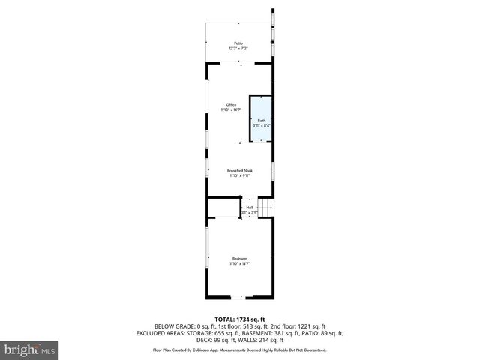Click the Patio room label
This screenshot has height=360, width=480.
238,43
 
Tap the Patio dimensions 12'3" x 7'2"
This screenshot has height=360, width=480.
238,49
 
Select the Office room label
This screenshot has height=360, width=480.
232,104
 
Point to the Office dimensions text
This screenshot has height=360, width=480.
231,109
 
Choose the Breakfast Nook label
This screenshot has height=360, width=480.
240,170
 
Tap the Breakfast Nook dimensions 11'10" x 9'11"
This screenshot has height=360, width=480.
240,175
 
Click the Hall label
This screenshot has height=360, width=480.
250,208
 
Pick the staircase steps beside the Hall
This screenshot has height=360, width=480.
264,208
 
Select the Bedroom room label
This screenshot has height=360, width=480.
239,259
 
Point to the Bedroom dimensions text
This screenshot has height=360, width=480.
239,264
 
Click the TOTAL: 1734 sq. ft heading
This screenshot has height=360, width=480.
240,319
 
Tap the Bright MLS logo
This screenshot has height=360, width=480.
30,349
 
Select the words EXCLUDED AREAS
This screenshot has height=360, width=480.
161,332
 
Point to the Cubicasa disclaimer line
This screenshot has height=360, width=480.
240,349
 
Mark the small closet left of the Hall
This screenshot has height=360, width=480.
223,208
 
